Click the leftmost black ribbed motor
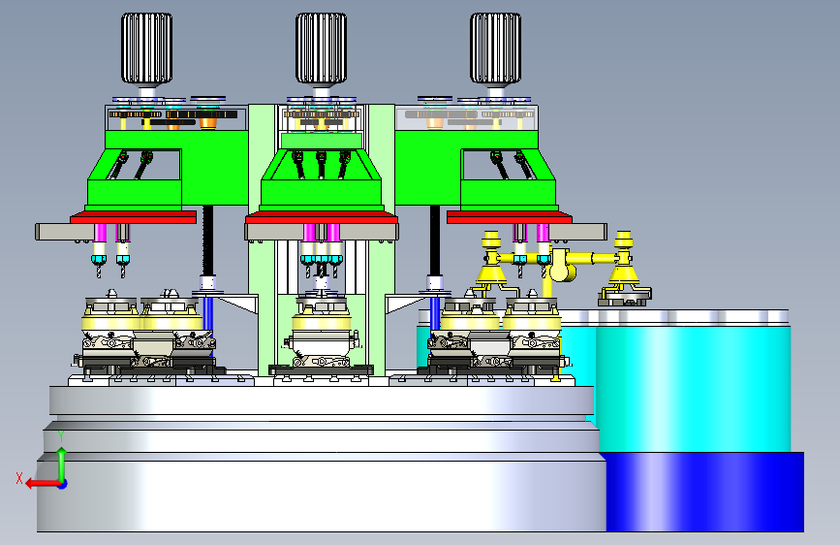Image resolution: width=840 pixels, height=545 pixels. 146,48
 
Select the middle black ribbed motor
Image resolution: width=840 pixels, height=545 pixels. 321,48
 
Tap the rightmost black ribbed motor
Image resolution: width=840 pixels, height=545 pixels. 495,48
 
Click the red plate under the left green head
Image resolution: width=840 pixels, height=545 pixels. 133,217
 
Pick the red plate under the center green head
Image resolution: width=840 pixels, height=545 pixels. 322,217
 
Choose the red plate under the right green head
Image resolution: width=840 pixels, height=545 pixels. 510,217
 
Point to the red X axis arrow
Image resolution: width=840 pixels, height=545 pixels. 44,484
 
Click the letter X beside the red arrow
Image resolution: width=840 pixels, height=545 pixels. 19,478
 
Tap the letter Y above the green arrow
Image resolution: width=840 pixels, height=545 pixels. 61,436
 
